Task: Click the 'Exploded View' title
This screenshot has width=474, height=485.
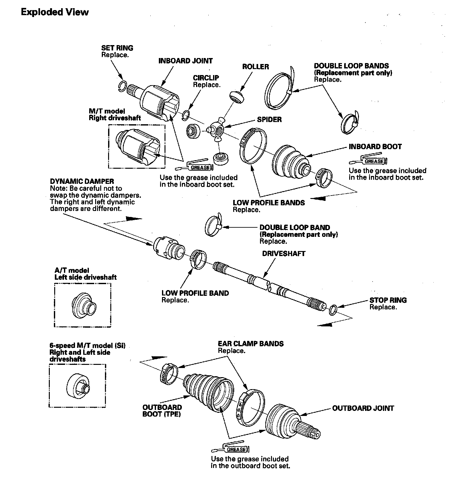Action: coord(55,12)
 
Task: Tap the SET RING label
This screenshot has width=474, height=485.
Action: coord(117,48)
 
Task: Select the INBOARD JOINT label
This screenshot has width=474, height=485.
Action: coord(185,61)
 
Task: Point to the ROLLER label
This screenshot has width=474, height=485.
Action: coord(255,67)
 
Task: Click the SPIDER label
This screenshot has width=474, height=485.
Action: coord(269,120)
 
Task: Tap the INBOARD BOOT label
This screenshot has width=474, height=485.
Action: coord(375,147)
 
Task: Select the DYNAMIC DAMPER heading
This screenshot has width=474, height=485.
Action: coord(82,181)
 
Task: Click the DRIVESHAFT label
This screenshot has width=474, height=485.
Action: coord(284,254)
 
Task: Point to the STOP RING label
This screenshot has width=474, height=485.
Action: coord(388,300)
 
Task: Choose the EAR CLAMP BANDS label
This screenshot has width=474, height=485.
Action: coord(251,344)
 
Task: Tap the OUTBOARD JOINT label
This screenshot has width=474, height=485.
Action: coord(363,408)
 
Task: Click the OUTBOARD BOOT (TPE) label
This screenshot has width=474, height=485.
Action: coord(162,411)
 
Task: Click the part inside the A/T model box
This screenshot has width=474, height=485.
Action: coord(83,304)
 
